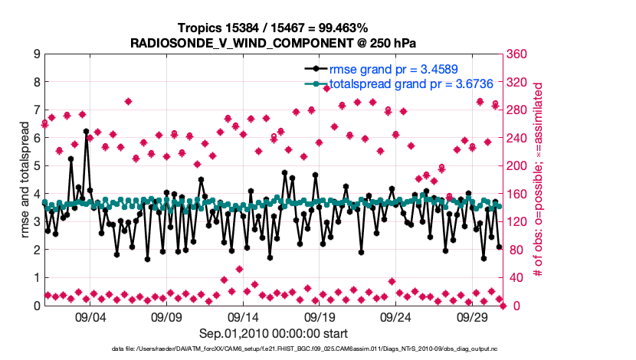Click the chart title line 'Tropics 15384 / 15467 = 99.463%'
[x=274, y=28]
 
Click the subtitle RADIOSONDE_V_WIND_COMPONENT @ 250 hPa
[x=274, y=43]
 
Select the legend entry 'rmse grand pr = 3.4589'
[x=394, y=70]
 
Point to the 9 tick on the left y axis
[x=37, y=54]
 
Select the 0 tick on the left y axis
[x=37, y=306]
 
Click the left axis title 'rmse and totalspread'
[x=23, y=180]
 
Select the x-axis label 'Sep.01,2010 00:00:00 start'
[x=274, y=334]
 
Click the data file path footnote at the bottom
[x=317, y=349]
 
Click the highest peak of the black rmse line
[x=86, y=132]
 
